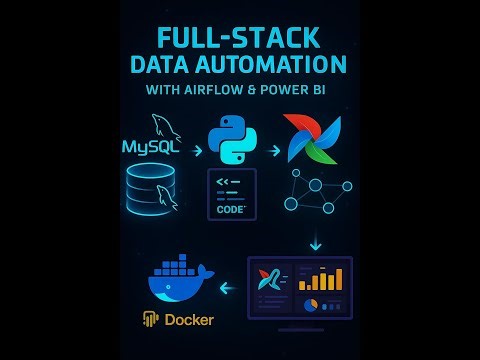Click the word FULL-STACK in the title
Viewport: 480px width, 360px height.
coord(239,38)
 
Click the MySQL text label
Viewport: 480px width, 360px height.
coord(150,147)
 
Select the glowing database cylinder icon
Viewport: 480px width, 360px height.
coord(151,189)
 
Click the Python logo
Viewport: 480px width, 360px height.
coord(232,139)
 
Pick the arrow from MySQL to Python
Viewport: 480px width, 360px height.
coord(197,150)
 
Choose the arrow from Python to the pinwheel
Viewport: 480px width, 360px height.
coord(273,150)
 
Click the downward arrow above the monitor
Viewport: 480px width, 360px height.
coord(316,243)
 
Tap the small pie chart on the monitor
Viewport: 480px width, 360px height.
coord(311,304)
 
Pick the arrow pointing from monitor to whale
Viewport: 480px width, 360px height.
coord(226,289)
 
